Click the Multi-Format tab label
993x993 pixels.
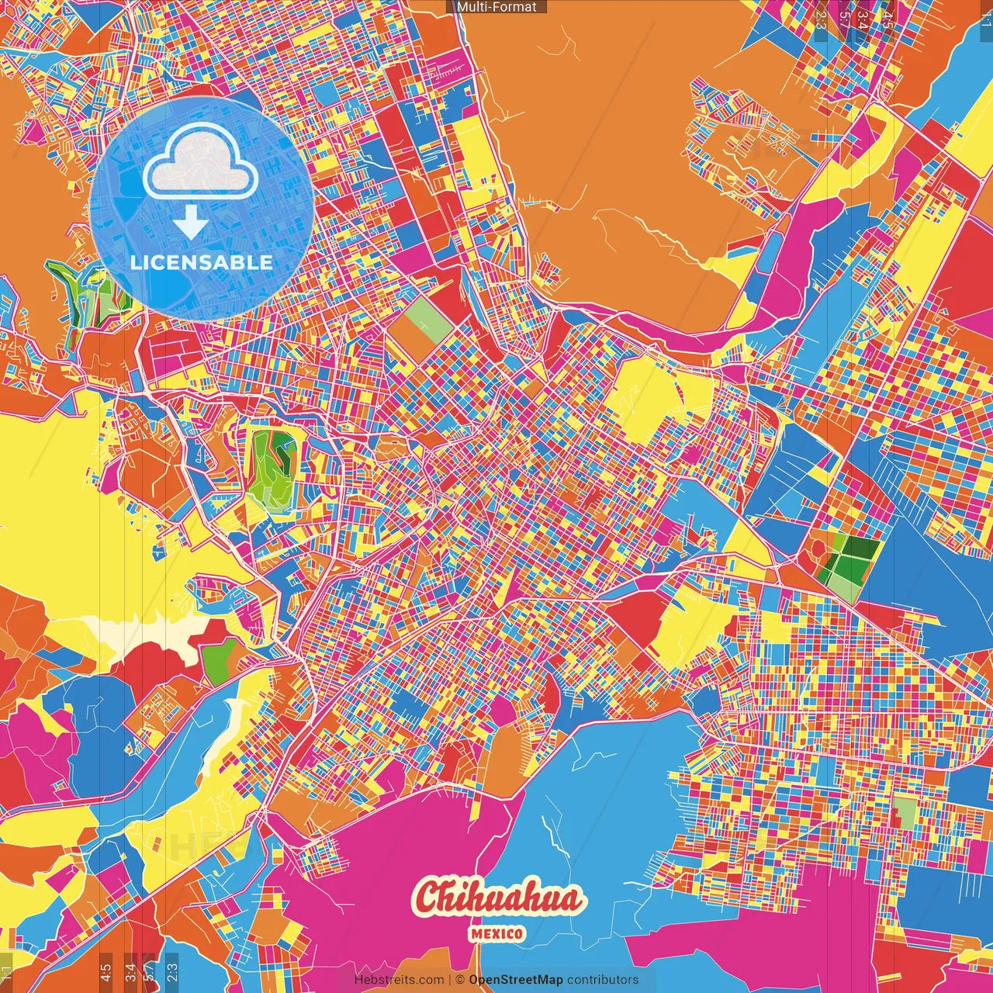496,7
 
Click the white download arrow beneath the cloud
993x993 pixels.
190,223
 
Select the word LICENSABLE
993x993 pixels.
202,262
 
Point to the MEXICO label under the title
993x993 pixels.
496,933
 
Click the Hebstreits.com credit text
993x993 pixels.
399,980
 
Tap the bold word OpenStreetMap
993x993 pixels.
516,980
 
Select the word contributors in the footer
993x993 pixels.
603,980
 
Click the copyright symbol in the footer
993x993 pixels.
459,980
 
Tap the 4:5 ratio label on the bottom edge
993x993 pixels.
106,970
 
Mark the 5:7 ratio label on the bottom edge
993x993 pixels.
149,970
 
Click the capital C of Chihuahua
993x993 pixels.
429,898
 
